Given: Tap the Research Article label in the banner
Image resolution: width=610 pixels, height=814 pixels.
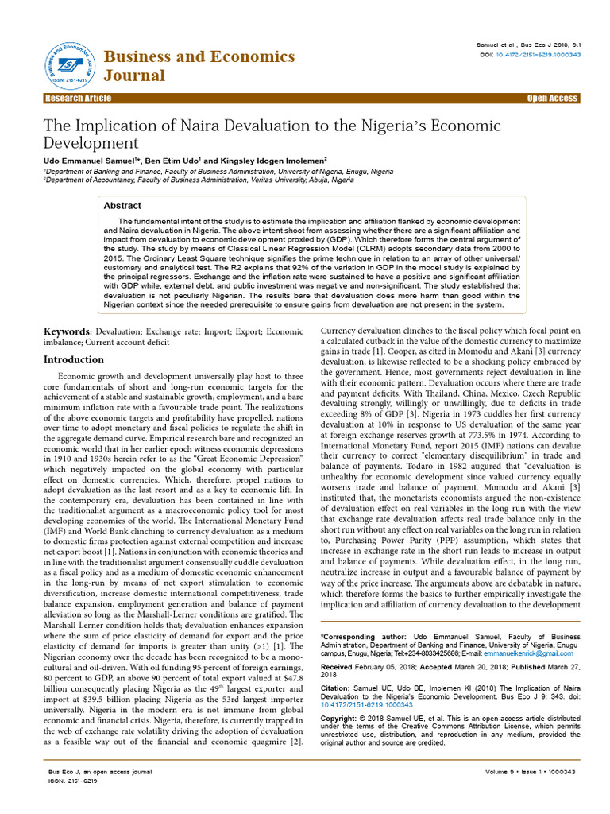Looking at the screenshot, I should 78,99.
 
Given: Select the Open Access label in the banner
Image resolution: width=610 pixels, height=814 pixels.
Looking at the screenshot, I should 552,99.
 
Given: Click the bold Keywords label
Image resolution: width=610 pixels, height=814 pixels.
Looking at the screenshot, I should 67,331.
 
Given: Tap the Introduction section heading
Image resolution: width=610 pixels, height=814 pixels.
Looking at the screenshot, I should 73,359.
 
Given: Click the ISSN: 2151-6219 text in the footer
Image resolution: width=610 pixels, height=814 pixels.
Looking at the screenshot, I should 69,781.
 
